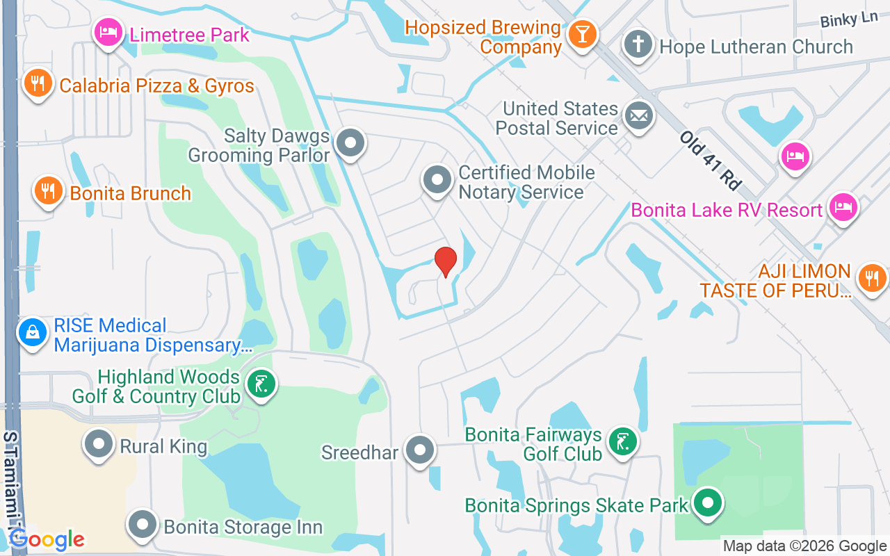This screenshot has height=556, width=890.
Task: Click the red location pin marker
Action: (x=445, y=261)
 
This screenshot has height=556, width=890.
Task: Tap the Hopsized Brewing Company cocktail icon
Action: (x=582, y=35)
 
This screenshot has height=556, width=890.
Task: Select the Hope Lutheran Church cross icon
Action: (x=638, y=45)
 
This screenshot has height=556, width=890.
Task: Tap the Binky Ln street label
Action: (x=848, y=19)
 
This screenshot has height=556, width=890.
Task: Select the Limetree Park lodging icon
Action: (x=108, y=33)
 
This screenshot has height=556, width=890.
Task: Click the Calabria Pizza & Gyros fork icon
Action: (x=38, y=84)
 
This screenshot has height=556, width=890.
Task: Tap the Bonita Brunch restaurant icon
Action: (x=48, y=190)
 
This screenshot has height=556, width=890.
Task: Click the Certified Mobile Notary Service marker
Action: (x=437, y=181)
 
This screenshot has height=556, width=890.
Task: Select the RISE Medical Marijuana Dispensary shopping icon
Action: (x=32, y=334)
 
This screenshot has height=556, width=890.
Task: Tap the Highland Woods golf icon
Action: (x=261, y=384)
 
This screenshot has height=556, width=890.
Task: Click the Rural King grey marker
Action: (x=99, y=444)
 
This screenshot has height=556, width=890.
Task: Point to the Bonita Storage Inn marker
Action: (x=143, y=525)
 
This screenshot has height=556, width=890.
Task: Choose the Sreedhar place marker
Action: (x=419, y=451)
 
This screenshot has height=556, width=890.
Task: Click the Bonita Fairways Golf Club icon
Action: (x=622, y=442)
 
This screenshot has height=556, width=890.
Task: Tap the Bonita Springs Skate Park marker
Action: (x=708, y=504)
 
